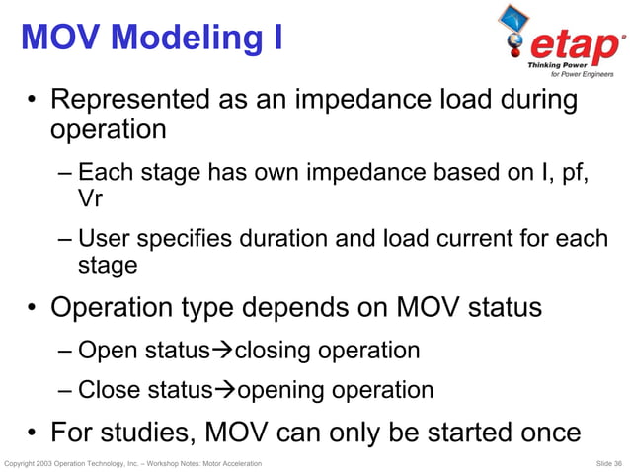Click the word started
coord(442,433)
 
